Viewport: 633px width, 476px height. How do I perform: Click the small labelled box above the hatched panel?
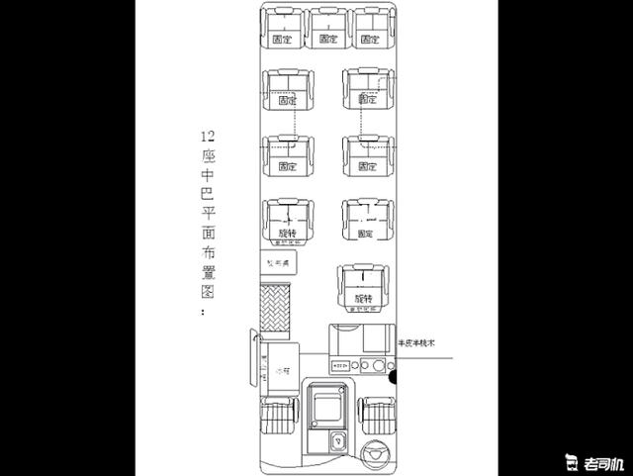280,262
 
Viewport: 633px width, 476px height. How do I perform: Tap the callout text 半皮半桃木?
417,343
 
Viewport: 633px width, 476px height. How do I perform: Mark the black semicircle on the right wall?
394,376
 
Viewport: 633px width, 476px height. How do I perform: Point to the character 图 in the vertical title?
207,294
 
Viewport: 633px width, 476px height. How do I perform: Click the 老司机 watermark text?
602,463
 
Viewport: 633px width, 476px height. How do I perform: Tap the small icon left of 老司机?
571,463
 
